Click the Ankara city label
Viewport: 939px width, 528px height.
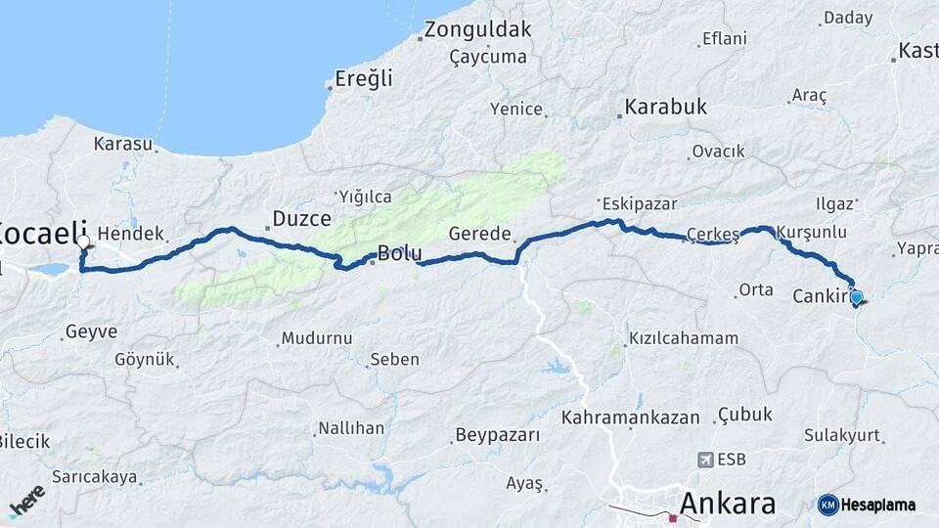coord(728,504)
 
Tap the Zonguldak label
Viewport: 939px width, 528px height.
coord(477,29)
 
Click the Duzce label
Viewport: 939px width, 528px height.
coord(301,218)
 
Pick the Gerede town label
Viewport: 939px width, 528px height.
coord(480,234)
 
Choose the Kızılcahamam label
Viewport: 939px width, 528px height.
coord(684,338)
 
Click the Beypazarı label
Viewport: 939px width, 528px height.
coord(498,435)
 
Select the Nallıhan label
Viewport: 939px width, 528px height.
coord(350,428)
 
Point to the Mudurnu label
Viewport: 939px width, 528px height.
coord(316,338)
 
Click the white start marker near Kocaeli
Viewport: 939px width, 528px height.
coord(83,242)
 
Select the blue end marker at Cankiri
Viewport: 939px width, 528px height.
coord(857,296)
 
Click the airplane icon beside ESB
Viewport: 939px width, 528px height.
coord(706,459)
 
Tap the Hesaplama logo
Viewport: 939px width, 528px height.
coord(867,505)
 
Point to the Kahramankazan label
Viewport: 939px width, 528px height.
coord(631,418)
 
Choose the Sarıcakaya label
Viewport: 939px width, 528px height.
coord(95,477)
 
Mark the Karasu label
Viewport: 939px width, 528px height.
coord(123,144)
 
